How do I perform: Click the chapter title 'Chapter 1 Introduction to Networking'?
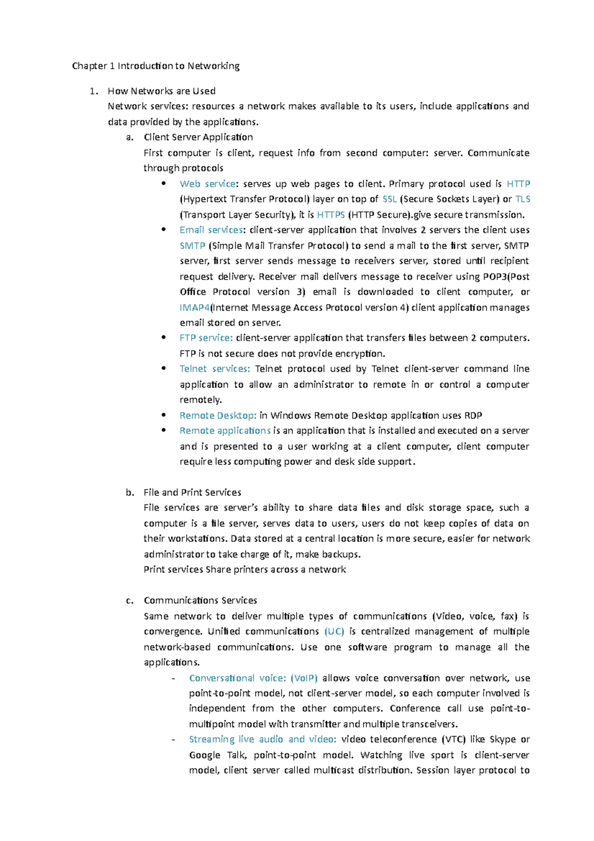coord(155,66)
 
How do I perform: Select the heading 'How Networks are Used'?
coord(161,91)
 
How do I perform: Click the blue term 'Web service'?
coord(207,184)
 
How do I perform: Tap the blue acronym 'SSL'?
coord(390,199)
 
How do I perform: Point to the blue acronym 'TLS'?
coord(523,199)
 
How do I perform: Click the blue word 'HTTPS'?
coord(331,215)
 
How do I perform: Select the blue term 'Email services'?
coord(211,230)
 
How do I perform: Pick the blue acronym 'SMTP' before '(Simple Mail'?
coord(192,246)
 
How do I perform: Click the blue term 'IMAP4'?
coord(195,308)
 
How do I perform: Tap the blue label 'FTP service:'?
coord(206,338)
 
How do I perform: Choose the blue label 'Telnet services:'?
coord(215,368)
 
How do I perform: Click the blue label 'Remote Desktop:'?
coord(218,416)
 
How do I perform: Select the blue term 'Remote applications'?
coord(225,431)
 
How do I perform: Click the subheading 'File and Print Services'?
coord(192,492)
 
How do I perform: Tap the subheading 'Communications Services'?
coord(200,600)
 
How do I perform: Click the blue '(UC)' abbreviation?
coord(334,631)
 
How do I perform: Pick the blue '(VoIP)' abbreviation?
coord(304,678)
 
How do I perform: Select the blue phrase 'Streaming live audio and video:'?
coord(262,739)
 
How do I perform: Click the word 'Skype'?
coord(502,739)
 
